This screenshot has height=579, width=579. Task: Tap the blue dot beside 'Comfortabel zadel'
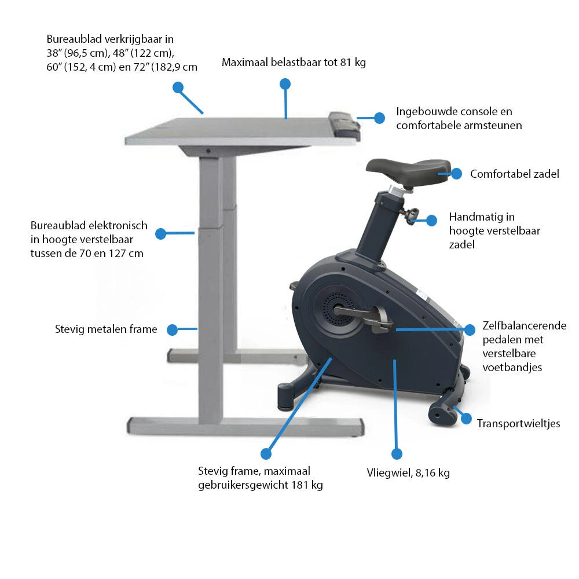[x=456, y=173]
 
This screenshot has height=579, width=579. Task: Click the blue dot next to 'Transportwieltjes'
[x=467, y=419]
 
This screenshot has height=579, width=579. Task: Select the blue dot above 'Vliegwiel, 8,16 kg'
[x=397, y=453]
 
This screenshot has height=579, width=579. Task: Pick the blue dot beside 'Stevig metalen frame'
[x=172, y=330]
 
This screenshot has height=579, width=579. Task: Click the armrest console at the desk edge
[x=345, y=123]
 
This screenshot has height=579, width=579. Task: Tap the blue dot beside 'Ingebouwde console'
[x=379, y=118]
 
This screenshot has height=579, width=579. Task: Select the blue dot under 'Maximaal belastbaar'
[x=285, y=84]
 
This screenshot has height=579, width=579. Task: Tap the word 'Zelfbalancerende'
[x=525, y=326]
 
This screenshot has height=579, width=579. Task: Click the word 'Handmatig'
[x=474, y=218]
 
